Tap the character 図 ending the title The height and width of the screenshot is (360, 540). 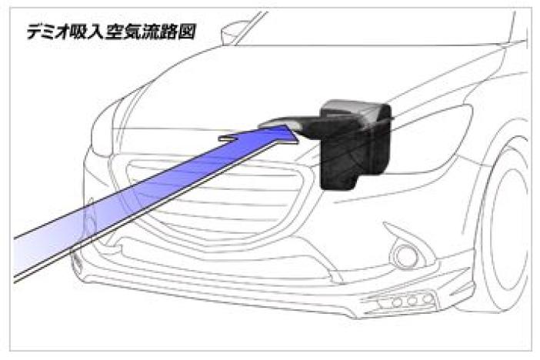tap(187, 32)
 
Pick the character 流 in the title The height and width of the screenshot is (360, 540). tap(152, 32)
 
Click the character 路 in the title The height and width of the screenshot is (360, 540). tap(169, 32)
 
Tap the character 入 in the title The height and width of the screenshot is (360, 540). tap(98, 32)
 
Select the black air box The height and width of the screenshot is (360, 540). tap(356, 145)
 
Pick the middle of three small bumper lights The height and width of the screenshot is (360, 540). tap(412, 301)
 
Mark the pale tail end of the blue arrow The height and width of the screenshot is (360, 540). tap(21, 257)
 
